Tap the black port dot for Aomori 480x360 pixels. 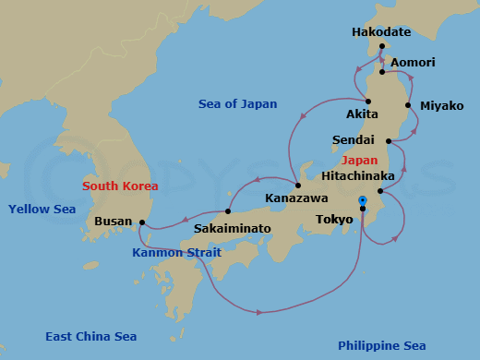[x=381, y=71]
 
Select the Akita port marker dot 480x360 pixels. [x=367, y=102]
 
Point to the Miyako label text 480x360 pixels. [x=441, y=105]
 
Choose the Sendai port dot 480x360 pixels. [x=389, y=141]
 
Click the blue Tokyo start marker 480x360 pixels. [x=362, y=200]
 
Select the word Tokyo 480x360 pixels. [x=333, y=220]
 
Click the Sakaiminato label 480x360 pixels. [x=233, y=227]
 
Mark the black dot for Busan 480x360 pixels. [x=141, y=222]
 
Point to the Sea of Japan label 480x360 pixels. [x=237, y=104]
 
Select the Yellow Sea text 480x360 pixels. [x=42, y=210]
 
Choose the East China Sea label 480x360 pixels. [x=91, y=337]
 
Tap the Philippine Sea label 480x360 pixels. [x=381, y=345]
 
